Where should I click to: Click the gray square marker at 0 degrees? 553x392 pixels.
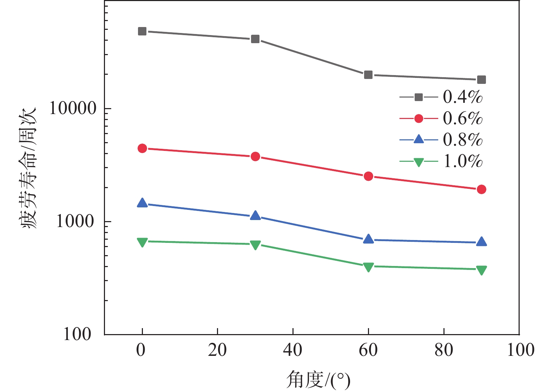pyautogui.click(x=142, y=31)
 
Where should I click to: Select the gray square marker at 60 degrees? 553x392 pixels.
pyautogui.click(x=368, y=75)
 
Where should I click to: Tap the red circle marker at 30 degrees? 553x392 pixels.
pyautogui.click(x=255, y=157)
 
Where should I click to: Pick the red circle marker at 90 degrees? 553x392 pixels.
pyautogui.click(x=481, y=189)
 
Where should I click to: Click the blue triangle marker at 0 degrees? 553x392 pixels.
pyautogui.click(x=142, y=203)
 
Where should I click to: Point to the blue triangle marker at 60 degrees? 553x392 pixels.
pyautogui.click(x=368, y=239)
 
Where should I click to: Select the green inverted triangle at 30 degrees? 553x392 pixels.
pyautogui.click(x=255, y=245)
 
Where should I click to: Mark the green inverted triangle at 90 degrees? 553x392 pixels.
pyautogui.click(x=481, y=270)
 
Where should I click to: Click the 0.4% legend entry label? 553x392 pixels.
pyautogui.click(x=462, y=97)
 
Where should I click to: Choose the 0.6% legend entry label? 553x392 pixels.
pyautogui.click(x=462, y=119)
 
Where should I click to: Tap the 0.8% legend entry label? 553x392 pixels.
pyautogui.click(x=462, y=140)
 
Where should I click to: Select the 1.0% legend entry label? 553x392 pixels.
pyautogui.click(x=462, y=161)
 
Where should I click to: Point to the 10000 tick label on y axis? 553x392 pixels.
pyautogui.click(x=73, y=108)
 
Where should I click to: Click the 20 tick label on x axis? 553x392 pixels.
pyautogui.click(x=217, y=350)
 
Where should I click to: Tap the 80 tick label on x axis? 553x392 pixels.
pyautogui.click(x=444, y=350)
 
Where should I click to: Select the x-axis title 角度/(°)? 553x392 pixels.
pyautogui.click(x=318, y=380)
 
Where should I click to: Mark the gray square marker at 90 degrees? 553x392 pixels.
pyautogui.click(x=481, y=80)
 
